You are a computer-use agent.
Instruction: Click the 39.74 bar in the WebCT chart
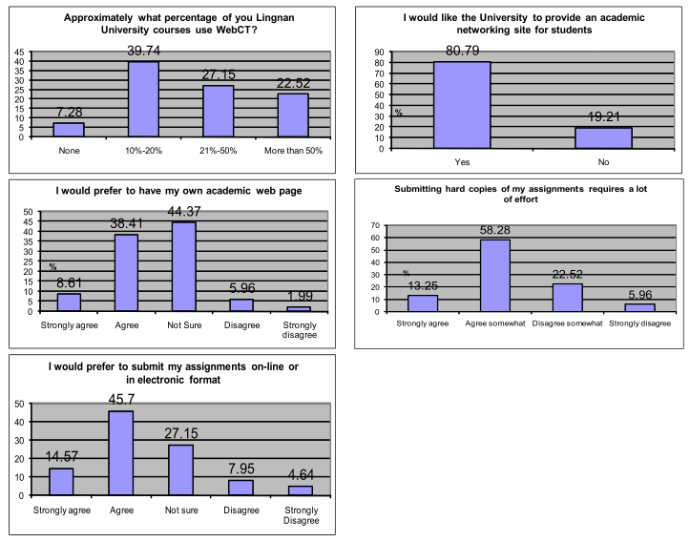click(143, 99)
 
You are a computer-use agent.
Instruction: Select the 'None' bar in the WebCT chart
click(68, 130)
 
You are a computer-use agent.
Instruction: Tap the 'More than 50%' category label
click(293, 150)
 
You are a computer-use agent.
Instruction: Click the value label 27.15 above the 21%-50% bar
click(219, 74)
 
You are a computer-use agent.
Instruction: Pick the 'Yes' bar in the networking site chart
click(462, 105)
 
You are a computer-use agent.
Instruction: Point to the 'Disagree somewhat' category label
click(568, 323)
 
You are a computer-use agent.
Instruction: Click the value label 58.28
click(493, 231)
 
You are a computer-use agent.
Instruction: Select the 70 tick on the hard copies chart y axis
click(385, 226)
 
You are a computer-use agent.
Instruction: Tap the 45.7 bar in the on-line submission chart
click(121, 453)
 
